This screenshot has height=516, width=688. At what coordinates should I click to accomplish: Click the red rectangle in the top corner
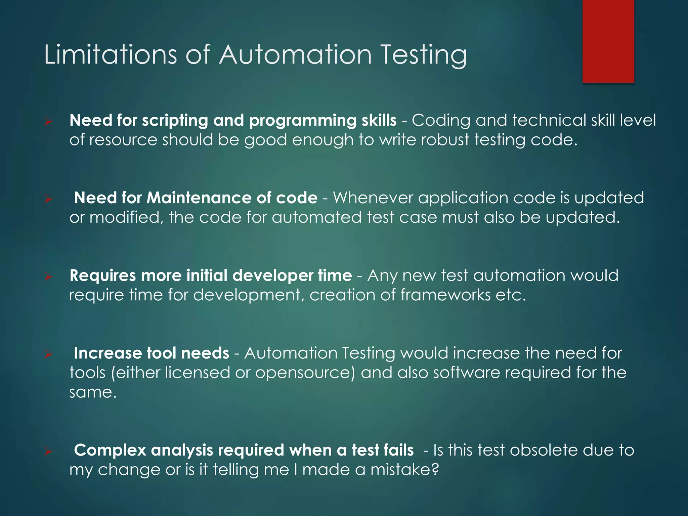click(608, 41)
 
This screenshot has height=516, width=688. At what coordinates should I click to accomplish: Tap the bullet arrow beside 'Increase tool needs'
click(48, 355)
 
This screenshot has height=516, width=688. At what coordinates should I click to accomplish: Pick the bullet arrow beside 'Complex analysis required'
click(48, 452)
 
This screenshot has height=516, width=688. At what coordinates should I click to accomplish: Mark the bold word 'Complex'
click(110, 450)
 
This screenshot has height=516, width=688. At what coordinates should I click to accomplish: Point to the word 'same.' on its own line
click(93, 392)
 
